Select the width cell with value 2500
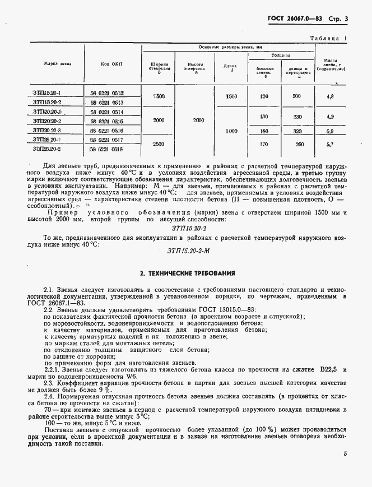(159, 144)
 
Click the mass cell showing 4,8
(330, 97)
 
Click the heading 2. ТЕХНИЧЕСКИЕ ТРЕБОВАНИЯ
(187, 273)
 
